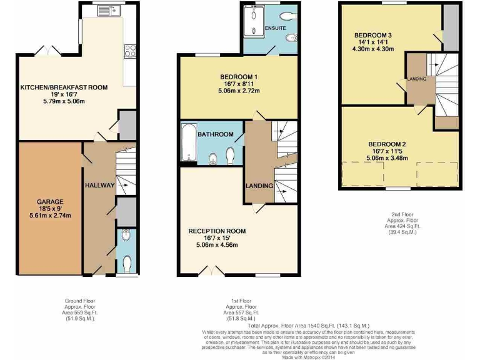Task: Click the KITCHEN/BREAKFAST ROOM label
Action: (x=64, y=87)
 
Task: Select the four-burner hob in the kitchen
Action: (x=131, y=51)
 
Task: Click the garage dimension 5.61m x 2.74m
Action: (x=49, y=216)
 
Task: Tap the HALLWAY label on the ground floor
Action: (x=99, y=186)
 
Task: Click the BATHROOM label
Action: (x=216, y=134)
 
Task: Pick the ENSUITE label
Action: (x=275, y=29)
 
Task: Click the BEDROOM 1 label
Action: (x=237, y=76)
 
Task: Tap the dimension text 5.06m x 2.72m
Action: (x=237, y=91)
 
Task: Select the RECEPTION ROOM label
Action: (x=217, y=231)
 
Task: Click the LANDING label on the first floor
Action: (x=259, y=186)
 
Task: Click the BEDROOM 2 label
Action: (x=387, y=144)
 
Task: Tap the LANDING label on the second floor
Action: (x=417, y=79)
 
